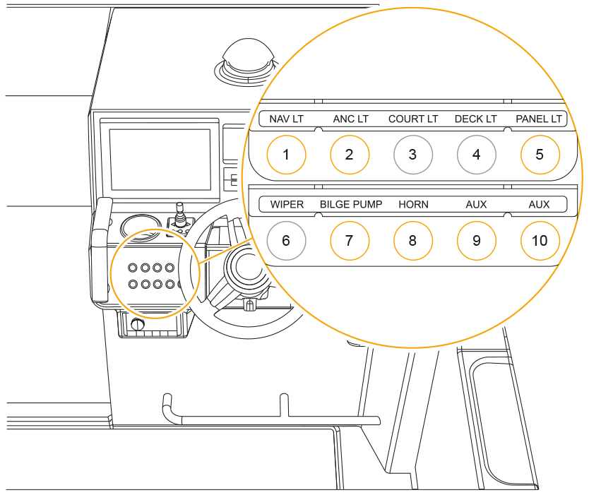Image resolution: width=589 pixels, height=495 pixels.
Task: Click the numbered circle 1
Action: click(286, 154)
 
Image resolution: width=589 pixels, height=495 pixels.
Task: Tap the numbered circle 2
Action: click(350, 154)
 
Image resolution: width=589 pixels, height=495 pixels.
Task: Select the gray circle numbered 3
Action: click(413, 154)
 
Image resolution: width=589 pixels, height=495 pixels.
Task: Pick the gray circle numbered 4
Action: click(477, 154)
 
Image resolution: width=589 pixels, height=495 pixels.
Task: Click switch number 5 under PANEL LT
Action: click(540, 154)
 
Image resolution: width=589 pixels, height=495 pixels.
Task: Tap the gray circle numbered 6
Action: click(286, 240)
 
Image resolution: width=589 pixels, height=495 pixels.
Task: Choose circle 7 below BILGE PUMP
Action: click(350, 240)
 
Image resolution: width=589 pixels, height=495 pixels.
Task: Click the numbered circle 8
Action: click(413, 240)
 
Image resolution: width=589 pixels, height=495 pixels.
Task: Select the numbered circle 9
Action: click(477, 240)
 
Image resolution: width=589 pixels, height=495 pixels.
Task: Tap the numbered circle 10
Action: click(540, 240)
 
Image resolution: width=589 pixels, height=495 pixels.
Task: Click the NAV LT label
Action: click(286, 119)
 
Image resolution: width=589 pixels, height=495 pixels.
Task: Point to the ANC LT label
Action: click(350, 119)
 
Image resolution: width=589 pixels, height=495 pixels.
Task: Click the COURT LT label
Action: click(413, 119)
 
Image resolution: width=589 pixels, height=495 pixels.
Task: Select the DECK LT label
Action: click(476, 119)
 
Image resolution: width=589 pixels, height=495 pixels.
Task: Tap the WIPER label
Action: click(287, 205)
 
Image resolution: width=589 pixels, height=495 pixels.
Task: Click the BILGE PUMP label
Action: click(351, 205)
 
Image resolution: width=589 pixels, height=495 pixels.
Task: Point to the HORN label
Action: click(413, 205)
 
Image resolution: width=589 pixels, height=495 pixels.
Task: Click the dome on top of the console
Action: click(246, 56)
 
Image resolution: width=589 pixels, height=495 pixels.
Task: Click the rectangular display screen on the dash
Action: click(160, 159)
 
